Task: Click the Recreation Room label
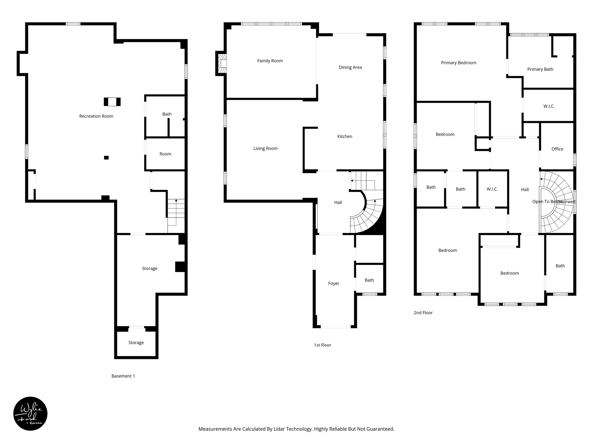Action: coord(96,116)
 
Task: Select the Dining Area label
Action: coord(350,67)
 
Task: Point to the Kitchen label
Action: coord(345,136)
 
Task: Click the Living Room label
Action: coord(265,149)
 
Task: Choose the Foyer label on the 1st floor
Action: coord(334,284)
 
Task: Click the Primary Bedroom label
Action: coord(458,63)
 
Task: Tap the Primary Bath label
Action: coord(540,69)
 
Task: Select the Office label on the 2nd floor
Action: coord(557,149)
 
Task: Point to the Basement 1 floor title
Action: coord(123,376)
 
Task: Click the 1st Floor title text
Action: coord(322,345)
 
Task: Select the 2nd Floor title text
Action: coord(423,313)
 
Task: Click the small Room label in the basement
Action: coord(165,154)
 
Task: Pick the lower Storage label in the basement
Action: coord(136,343)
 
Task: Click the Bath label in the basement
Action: coord(167,114)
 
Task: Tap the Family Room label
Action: coord(270,61)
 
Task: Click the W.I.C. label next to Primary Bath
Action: coord(549,106)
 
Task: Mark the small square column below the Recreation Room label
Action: coord(106,158)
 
